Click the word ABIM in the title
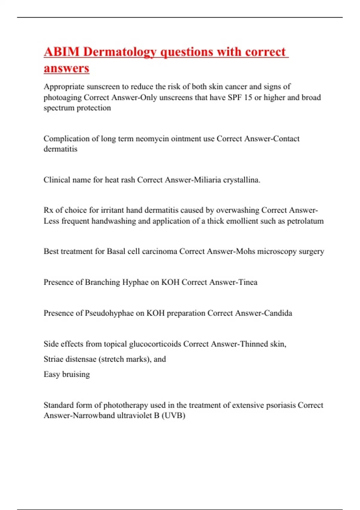[x=61, y=52]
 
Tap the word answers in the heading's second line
[x=67, y=68]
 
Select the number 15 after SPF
[x=248, y=97]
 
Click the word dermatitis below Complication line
[x=60, y=149]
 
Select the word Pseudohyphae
[x=109, y=313]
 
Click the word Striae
[x=52, y=359]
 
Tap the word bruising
[x=76, y=374]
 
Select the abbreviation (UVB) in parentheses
[x=173, y=415]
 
